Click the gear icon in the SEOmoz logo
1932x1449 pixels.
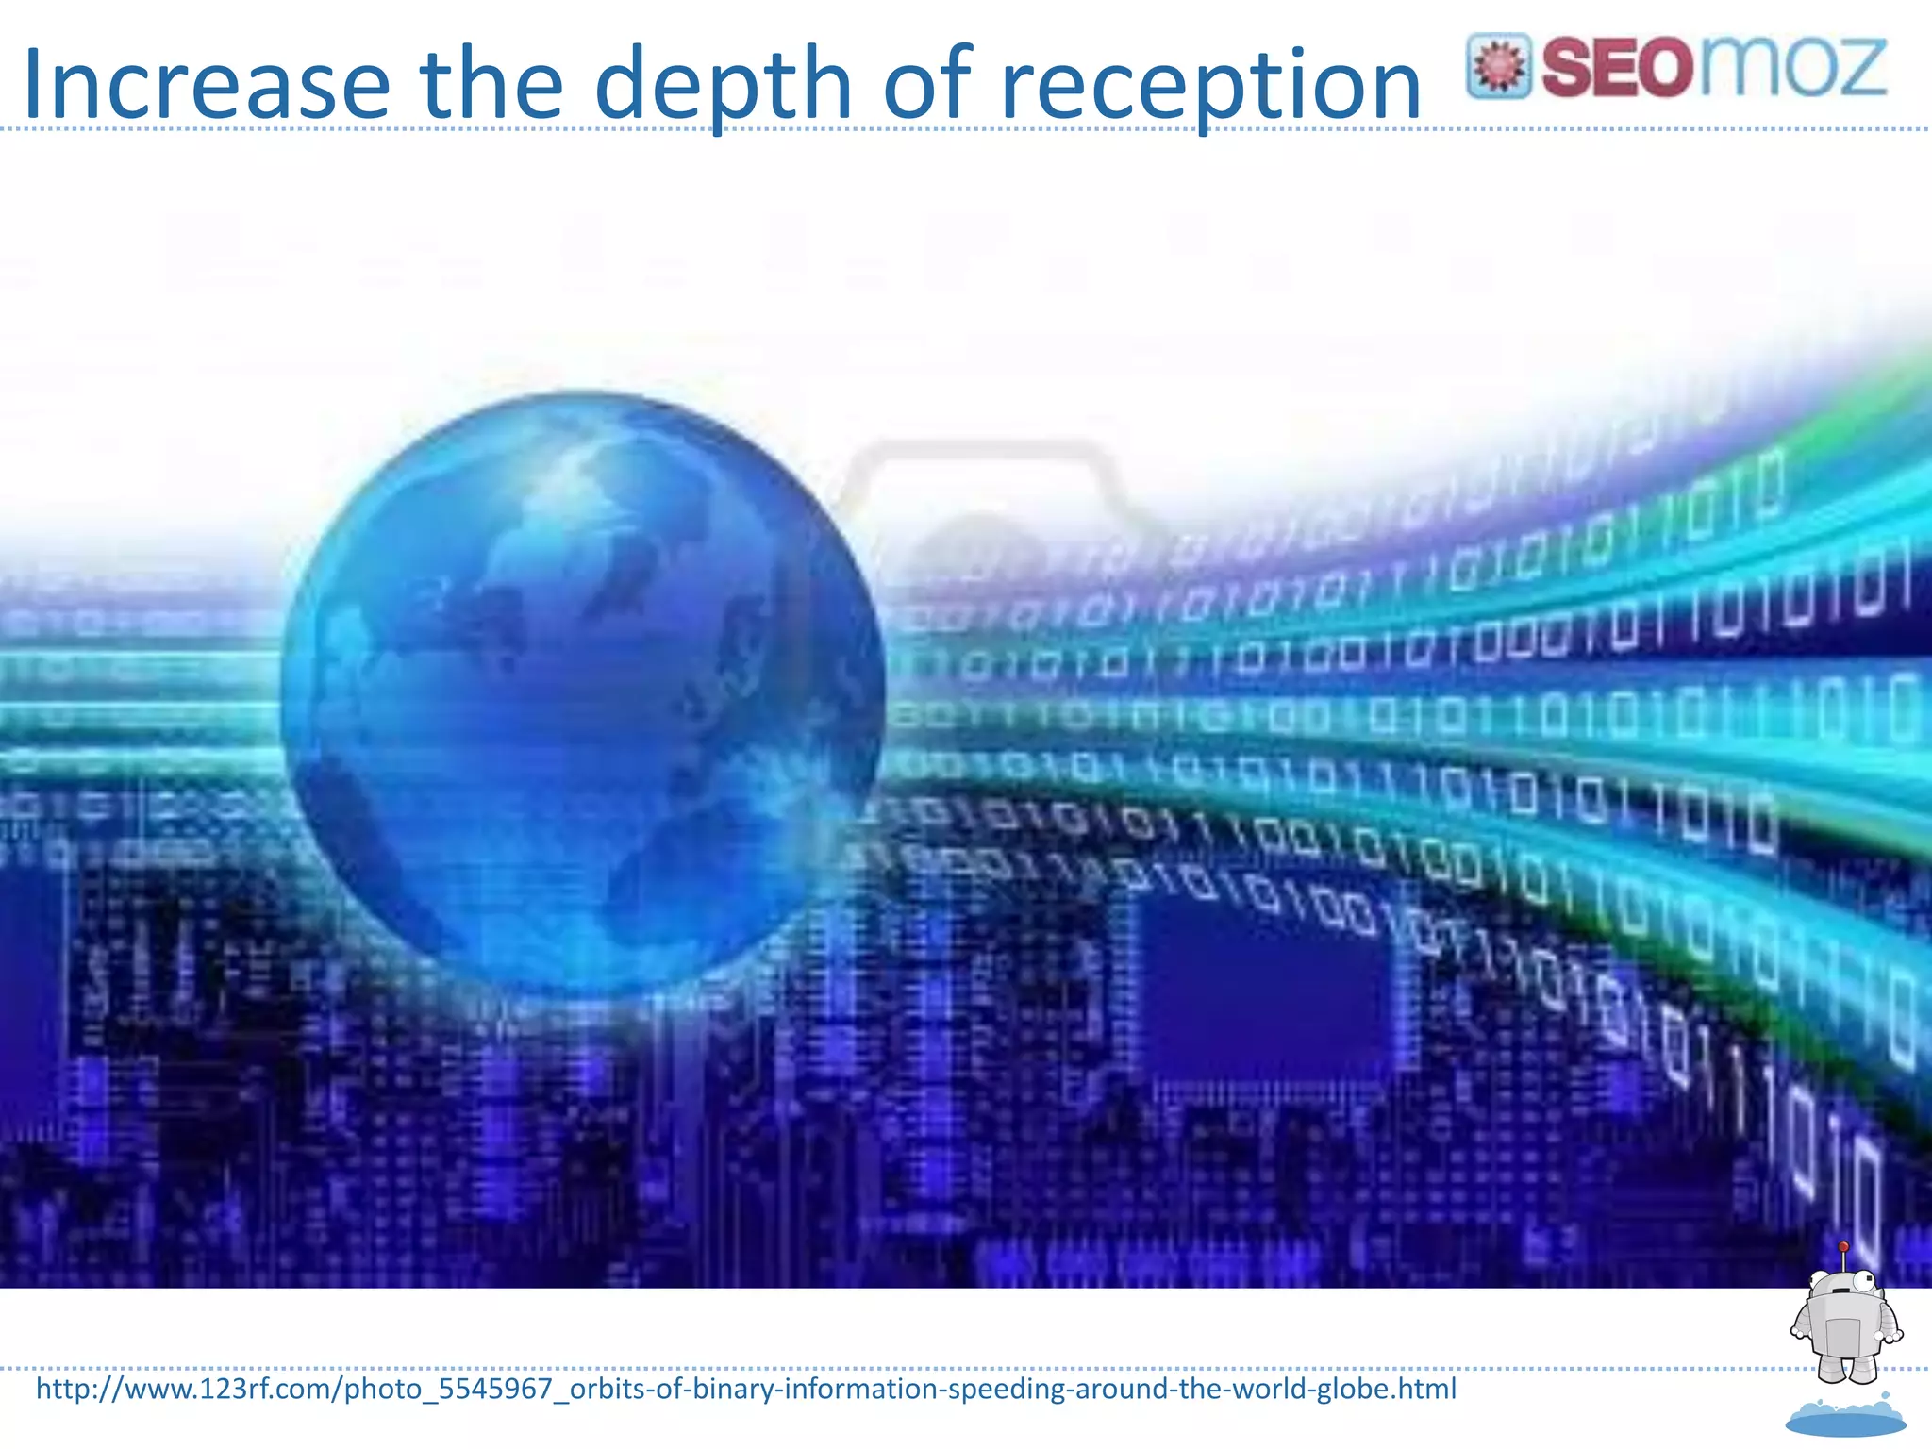pos(1498,66)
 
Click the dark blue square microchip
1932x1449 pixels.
pos(1264,981)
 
